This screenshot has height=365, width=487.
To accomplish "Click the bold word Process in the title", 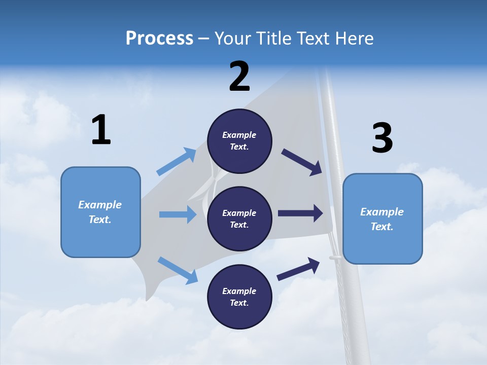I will tap(159, 39).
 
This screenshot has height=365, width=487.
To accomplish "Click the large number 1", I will tap(101, 130).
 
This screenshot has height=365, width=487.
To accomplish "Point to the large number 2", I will tap(239, 77).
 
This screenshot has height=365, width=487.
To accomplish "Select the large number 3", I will tap(382, 138).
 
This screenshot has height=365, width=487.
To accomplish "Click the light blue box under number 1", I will tap(100, 212).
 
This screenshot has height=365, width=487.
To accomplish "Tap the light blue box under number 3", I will tap(382, 218).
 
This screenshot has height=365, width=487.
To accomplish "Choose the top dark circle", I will tap(239, 140).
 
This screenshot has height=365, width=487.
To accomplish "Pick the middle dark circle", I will tap(239, 218).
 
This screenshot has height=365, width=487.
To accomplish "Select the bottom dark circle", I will tap(239, 297).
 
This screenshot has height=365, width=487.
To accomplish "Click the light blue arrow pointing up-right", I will tap(176, 162).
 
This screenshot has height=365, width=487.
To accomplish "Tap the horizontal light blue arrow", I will tap(178, 214).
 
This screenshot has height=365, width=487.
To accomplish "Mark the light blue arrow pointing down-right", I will tap(178, 270).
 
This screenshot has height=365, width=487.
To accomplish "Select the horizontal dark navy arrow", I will tap(300, 213).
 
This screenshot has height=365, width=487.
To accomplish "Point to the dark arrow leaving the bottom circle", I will tap(298, 269).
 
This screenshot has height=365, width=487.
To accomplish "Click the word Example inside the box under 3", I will tap(382, 212).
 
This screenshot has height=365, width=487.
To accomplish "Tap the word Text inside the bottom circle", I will tap(238, 303).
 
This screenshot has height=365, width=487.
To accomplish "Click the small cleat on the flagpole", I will tap(335, 258).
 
